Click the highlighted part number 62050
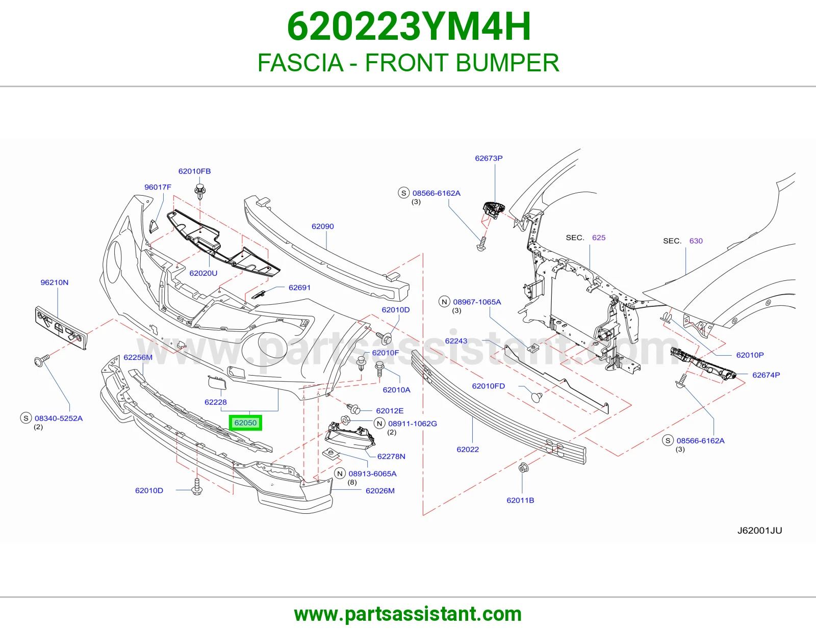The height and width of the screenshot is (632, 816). tap(245, 423)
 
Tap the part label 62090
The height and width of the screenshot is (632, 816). tap(322, 226)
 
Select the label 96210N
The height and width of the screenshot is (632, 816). tap(55, 282)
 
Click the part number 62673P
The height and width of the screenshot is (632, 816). tap(489, 158)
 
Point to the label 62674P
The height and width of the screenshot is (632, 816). tap(766, 375)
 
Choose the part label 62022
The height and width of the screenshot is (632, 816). tap(468, 449)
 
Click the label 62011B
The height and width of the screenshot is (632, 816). tap(520, 501)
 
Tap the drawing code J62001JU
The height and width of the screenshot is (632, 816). tap(760, 530)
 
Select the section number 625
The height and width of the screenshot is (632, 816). tap(599, 238)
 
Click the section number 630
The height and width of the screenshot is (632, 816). tap(696, 241)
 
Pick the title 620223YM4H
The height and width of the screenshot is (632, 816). tap(409, 27)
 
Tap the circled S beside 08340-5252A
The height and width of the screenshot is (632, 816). tap(26, 418)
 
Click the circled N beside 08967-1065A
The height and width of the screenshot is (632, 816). tap(444, 302)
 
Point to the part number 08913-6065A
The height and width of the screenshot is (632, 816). tap(372, 473)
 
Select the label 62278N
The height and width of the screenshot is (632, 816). tap(391, 456)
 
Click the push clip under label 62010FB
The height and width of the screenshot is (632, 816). tap(200, 192)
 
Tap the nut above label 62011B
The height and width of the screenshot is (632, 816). tap(523, 468)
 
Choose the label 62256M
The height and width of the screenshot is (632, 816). tap(138, 357)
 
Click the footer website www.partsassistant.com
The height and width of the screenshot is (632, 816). tap(408, 614)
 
